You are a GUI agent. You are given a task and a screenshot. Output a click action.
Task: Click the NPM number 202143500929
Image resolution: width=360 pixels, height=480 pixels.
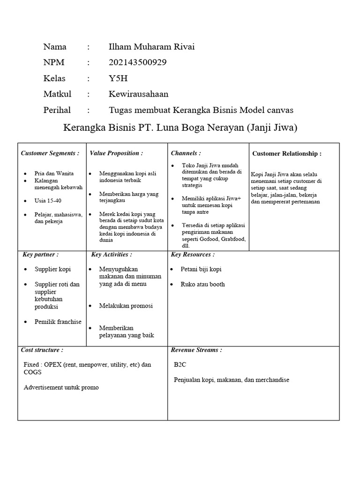(x=137, y=62)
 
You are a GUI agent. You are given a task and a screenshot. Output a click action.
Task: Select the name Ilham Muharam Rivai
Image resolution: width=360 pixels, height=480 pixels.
(x=151, y=46)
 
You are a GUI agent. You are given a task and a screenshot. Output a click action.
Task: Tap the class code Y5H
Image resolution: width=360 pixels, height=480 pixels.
(x=118, y=78)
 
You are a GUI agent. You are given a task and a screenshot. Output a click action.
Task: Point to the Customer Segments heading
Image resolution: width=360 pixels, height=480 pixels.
(x=50, y=153)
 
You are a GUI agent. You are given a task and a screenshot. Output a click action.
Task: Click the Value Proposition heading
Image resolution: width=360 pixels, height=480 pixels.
(x=116, y=153)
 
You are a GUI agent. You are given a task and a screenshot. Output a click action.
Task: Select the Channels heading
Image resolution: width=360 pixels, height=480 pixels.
(x=186, y=153)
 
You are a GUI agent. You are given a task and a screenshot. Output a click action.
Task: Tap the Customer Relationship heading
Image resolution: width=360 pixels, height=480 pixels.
(x=287, y=154)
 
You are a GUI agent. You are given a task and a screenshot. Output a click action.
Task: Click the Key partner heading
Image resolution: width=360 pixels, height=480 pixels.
(x=41, y=255)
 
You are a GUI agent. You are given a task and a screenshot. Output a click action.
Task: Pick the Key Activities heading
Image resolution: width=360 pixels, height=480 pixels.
(x=112, y=255)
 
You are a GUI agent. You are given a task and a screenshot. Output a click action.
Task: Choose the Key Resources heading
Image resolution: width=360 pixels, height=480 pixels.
(x=193, y=255)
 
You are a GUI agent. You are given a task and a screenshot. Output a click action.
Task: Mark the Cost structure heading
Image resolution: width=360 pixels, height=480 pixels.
(x=42, y=350)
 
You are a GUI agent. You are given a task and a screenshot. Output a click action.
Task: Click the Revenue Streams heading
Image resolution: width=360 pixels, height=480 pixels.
(x=196, y=350)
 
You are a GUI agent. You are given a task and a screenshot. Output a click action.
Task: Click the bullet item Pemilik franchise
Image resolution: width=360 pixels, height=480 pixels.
(x=58, y=322)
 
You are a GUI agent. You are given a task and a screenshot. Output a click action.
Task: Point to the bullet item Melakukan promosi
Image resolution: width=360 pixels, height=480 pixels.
(x=126, y=306)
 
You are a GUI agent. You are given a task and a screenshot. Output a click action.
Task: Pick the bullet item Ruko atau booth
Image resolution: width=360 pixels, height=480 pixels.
(x=202, y=284)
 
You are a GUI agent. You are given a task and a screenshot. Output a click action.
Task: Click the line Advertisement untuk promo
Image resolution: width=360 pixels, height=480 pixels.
(x=61, y=388)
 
